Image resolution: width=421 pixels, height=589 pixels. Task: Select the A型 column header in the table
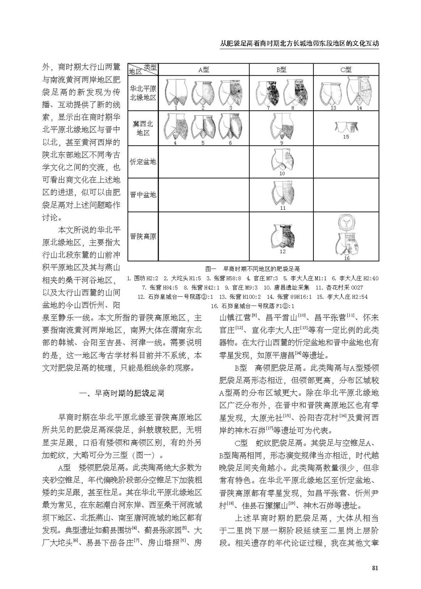click(203, 70)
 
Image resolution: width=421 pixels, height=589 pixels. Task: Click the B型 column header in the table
click(281, 70)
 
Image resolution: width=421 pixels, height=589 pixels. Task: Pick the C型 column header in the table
click(346, 70)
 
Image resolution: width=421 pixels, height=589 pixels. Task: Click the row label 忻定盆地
click(143, 161)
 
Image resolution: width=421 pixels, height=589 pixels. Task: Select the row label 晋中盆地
click(143, 194)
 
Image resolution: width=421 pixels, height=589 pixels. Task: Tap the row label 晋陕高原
click(143, 236)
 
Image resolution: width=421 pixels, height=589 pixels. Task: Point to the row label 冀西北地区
click(143, 128)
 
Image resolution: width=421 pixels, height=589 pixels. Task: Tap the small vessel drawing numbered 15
click(346, 127)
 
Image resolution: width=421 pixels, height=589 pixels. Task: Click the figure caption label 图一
click(211, 269)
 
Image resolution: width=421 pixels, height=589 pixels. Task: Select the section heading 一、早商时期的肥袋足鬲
click(122, 393)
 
